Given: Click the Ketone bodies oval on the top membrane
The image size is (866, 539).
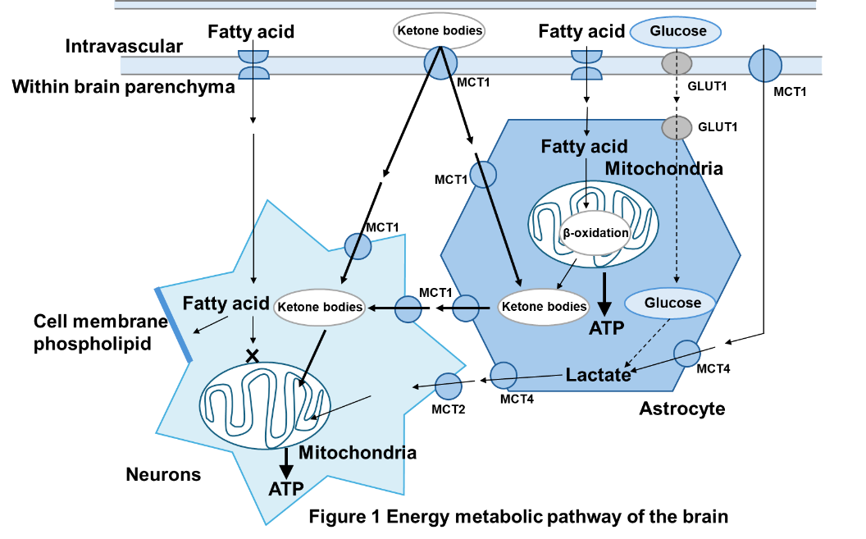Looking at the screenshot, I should click(440, 32).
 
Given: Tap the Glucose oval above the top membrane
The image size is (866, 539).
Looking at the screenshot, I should click(675, 32).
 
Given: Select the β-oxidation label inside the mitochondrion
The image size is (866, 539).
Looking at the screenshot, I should click(595, 233).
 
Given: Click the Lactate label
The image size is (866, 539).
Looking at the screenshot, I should click(599, 375).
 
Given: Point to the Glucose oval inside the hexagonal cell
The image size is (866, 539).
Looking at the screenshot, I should click(670, 304).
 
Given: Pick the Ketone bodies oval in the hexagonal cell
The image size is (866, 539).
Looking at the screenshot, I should click(544, 308).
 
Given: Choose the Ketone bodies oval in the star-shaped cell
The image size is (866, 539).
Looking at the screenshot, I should click(320, 308).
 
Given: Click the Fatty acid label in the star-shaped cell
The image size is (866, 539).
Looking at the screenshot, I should click(226, 304).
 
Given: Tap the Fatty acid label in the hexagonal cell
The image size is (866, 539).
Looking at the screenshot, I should click(584, 147).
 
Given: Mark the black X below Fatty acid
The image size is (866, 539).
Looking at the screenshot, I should click(253, 355).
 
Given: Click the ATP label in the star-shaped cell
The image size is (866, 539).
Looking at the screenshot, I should click(286, 489).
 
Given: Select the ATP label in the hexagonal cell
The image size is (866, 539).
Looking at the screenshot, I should click(607, 328).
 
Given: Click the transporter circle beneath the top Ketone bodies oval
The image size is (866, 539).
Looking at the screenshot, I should click(440, 64).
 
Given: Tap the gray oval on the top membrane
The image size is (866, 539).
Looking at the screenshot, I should click(677, 63).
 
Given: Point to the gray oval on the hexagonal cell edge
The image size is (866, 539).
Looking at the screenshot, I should click(677, 127).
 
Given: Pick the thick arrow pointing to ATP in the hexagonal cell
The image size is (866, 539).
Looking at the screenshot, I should click(604, 295).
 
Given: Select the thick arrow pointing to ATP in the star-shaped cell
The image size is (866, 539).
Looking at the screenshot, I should click(286, 464).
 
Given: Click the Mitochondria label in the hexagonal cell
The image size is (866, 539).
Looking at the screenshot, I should click(652, 168).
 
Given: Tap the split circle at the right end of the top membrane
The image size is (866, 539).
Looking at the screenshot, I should click(766, 65).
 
